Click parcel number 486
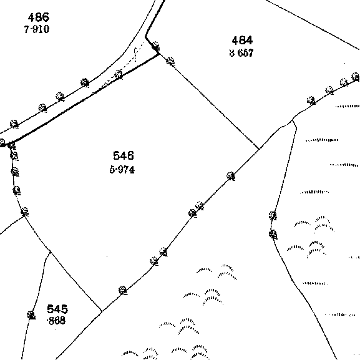[38, 17]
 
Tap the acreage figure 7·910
[37, 29]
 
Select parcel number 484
[242, 41]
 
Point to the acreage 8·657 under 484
[241, 53]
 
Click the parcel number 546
[124, 155]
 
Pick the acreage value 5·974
[122, 170]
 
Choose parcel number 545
[57, 309]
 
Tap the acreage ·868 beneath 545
[56, 321]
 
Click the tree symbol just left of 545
[31, 315]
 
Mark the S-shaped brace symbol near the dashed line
[135, 54]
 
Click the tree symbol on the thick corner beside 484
[156, 46]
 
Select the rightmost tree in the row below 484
[356, 77]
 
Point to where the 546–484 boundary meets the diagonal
[260, 149]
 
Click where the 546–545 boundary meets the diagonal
[102, 311]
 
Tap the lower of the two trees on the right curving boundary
[273, 235]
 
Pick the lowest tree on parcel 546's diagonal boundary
[123, 291]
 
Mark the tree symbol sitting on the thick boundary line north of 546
[119, 75]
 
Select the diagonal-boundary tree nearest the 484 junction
[231, 176]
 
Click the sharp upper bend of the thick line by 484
[145, 37]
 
